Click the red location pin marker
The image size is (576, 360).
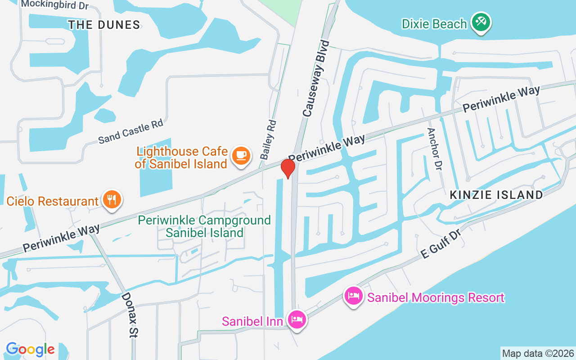pyautogui.click(x=288, y=168)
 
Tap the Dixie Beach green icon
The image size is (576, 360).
pyautogui.click(x=481, y=22)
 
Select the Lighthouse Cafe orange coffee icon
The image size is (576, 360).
pyautogui.click(x=241, y=156)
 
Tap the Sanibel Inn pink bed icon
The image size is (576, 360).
pyautogui.click(x=297, y=320)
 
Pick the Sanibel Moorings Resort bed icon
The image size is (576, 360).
pyautogui.click(x=354, y=297)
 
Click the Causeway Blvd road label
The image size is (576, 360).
pyautogui.click(x=316, y=79)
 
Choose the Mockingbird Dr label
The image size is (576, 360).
pyautogui.click(x=55, y=4)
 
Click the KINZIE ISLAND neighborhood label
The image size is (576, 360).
pyautogui.click(x=496, y=195)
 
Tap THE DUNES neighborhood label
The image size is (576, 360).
pyautogui.click(x=104, y=25)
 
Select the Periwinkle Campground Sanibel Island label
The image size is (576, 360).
pyautogui.click(x=204, y=226)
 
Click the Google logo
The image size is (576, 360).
pyautogui.click(x=30, y=349)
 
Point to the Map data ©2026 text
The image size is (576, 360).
pyautogui.click(x=538, y=353)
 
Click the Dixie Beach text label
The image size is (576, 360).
pyautogui.click(x=434, y=24)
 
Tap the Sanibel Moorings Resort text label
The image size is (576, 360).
pyautogui.click(x=436, y=297)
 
